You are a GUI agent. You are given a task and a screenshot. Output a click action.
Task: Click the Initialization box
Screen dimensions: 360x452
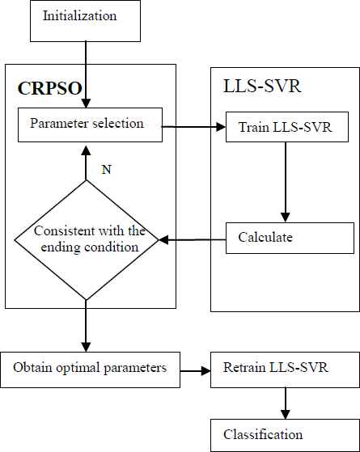[x=86, y=21]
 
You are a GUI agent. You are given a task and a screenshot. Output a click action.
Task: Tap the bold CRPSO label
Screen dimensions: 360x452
[x=50, y=88]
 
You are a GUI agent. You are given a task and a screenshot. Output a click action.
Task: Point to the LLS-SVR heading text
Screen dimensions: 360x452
[x=262, y=86]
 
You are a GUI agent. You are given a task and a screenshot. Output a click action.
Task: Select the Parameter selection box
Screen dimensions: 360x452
[x=90, y=125]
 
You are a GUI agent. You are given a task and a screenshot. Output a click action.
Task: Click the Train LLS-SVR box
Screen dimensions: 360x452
[x=287, y=127]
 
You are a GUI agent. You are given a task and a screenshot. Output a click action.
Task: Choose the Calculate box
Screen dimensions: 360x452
[x=290, y=238]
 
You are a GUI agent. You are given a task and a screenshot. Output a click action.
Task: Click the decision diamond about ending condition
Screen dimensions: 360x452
[x=87, y=240]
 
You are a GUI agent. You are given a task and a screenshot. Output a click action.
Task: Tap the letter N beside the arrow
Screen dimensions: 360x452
[x=107, y=170]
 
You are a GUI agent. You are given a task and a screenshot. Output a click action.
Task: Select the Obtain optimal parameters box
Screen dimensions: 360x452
[x=90, y=370]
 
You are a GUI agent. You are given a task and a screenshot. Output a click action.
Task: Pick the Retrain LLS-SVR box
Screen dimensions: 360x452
[x=286, y=370]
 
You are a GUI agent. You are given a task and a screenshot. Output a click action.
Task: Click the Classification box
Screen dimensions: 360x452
[x=286, y=435]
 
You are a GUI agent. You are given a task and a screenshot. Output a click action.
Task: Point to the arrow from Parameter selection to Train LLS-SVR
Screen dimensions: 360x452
[x=194, y=127]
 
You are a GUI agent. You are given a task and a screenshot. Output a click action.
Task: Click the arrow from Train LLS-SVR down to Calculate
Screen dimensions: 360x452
[x=286, y=182]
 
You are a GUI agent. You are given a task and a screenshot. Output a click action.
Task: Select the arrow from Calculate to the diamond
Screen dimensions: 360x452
[x=192, y=239]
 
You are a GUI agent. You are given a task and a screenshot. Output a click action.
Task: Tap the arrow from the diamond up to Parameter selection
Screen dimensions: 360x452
[x=86, y=163]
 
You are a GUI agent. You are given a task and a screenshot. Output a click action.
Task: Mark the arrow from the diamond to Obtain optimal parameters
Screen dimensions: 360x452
[x=86, y=326]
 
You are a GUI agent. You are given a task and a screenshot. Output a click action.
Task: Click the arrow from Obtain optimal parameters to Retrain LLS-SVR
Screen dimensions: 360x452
[x=196, y=370]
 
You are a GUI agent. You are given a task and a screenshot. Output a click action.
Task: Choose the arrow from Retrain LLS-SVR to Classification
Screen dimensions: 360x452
[x=286, y=403]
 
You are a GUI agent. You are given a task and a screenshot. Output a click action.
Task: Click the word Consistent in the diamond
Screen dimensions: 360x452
[x=65, y=231]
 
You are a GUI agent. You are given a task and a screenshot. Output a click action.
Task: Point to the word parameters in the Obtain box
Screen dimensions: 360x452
[x=135, y=369]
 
